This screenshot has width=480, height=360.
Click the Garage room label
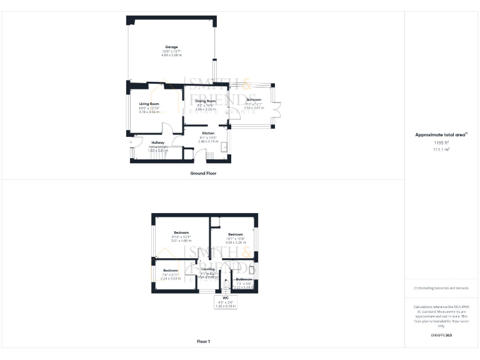[x=171, y=47]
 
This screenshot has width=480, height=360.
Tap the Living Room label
[x=149, y=104]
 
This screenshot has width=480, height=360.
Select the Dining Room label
[x=205, y=101]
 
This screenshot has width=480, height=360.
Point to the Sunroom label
[x=254, y=100]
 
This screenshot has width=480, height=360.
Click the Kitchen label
[x=207, y=133]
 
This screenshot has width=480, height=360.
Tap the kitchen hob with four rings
[x=210, y=155]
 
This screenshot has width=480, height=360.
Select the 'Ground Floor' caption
[x=203, y=173]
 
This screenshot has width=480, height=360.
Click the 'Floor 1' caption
[x=203, y=341]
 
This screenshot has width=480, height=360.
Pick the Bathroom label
[x=244, y=279]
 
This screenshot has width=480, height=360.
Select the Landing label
[x=207, y=269]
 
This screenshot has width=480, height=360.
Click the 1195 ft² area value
[x=441, y=142]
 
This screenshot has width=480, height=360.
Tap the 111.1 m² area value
[x=441, y=149]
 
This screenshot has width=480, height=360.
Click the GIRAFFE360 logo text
[x=441, y=336]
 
